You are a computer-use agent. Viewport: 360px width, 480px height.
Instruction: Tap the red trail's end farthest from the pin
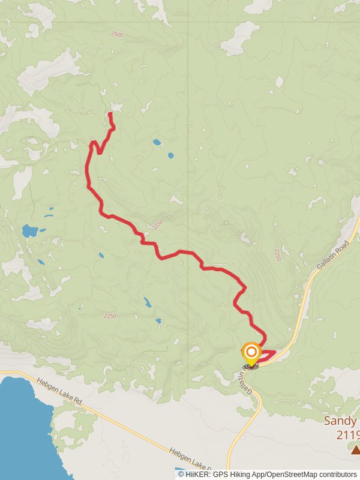point(110,113)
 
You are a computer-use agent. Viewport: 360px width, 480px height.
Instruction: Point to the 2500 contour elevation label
point(116,35)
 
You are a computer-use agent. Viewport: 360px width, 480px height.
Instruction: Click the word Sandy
point(340,421)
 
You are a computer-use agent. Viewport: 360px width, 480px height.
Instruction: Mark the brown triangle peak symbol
point(355,449)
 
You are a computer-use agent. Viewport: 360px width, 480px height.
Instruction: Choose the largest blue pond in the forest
point(29,230)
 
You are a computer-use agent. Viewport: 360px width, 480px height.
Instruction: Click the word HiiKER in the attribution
point(198,474)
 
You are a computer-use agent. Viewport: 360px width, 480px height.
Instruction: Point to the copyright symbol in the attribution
point(181,474)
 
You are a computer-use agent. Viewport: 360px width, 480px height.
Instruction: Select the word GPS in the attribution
point(222,474)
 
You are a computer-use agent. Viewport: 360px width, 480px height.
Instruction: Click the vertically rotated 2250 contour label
point(277,254)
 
